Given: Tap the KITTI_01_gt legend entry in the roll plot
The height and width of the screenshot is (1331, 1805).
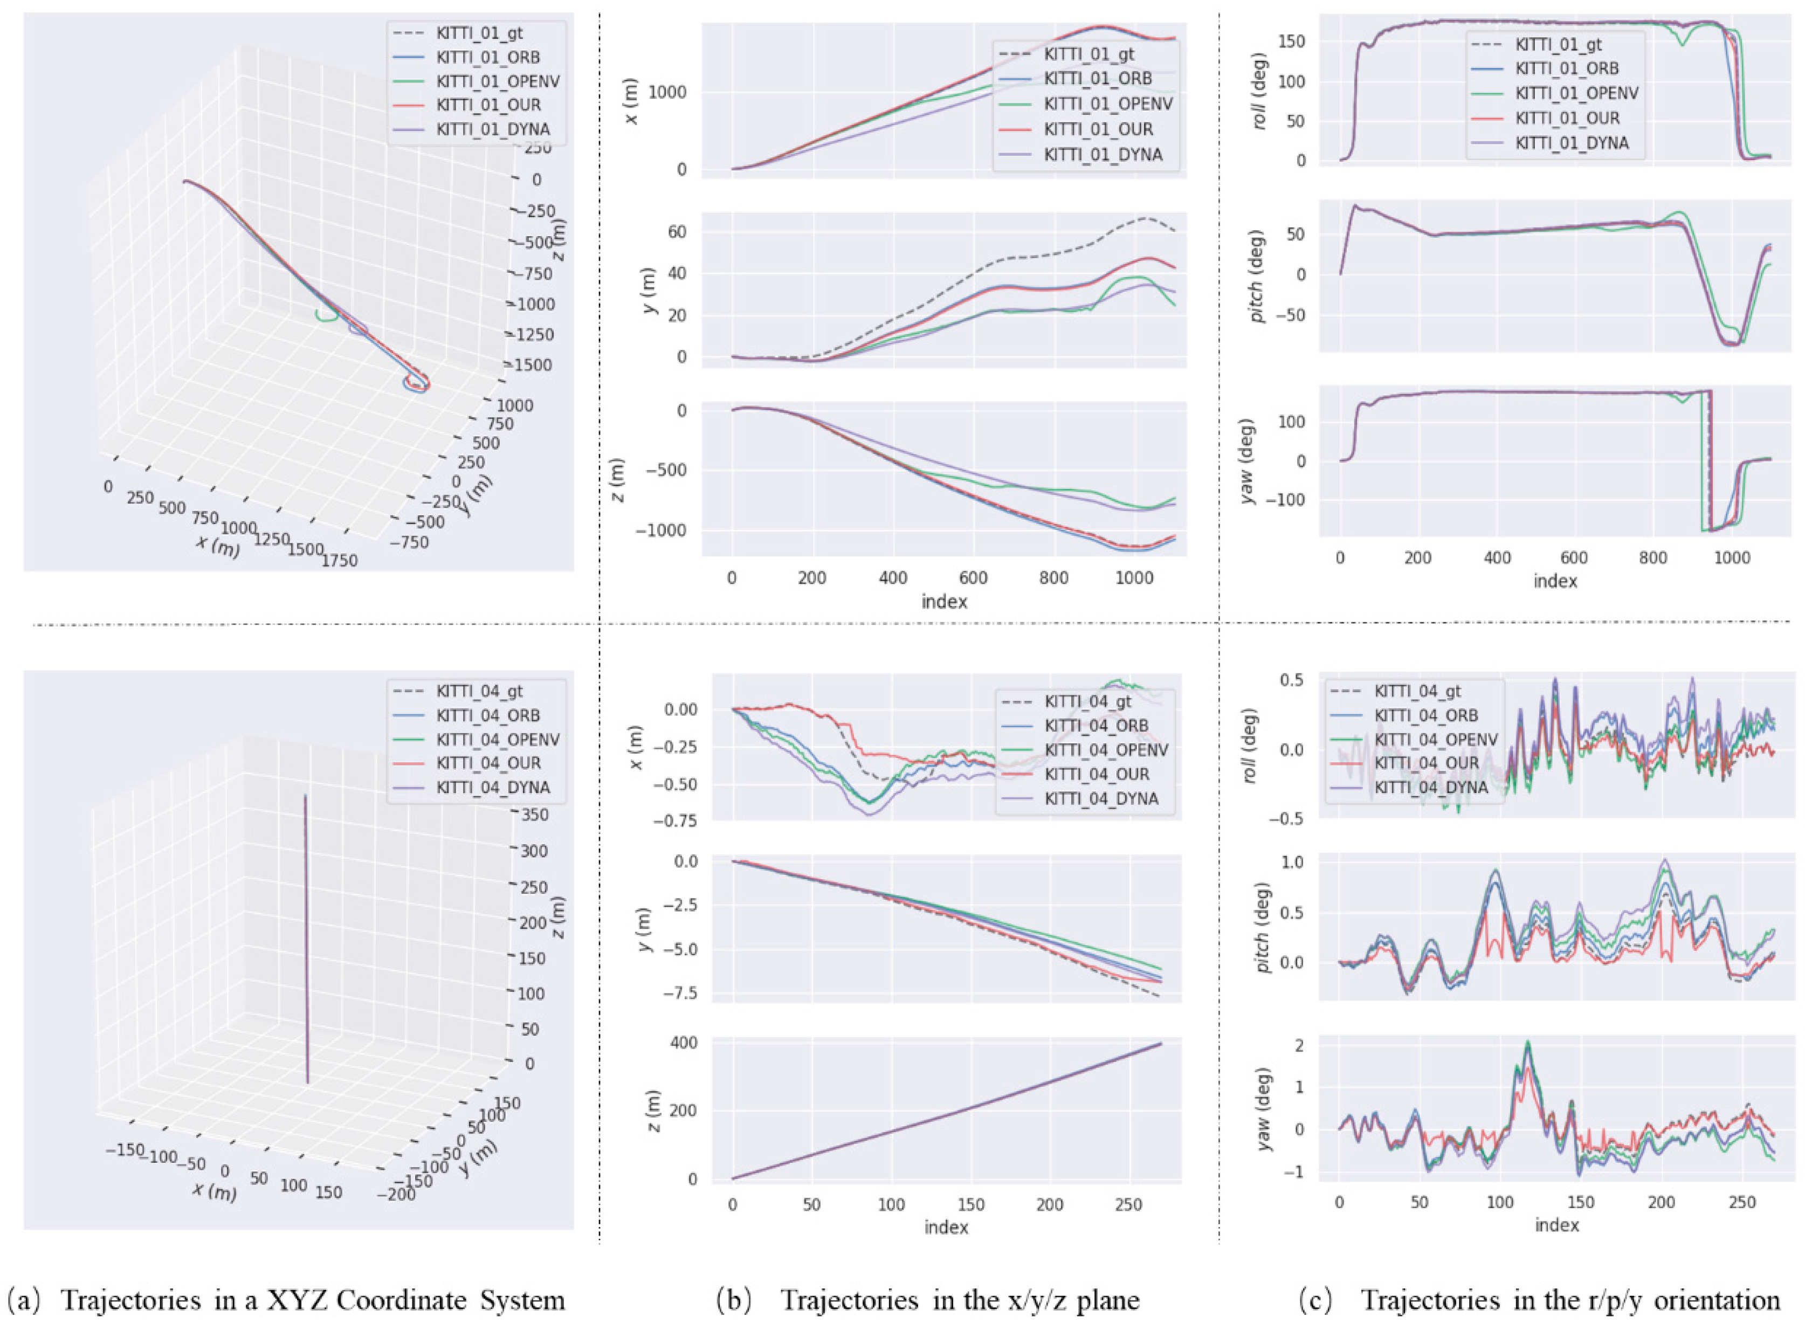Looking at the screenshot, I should (1558, 44).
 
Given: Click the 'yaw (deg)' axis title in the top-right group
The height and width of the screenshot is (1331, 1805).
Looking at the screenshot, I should (1248, 461).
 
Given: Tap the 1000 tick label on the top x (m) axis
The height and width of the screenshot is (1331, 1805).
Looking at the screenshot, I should (667, 93).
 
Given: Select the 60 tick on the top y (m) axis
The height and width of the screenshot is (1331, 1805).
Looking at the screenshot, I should (677, 232).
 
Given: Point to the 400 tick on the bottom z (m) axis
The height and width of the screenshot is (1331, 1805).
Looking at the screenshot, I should (683, 1043).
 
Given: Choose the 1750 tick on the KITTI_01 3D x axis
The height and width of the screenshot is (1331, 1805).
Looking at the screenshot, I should (339, 560).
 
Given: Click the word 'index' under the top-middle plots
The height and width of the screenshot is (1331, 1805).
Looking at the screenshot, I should (945, 601).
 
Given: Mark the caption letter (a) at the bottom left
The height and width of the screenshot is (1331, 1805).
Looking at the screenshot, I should (24, 1300).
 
